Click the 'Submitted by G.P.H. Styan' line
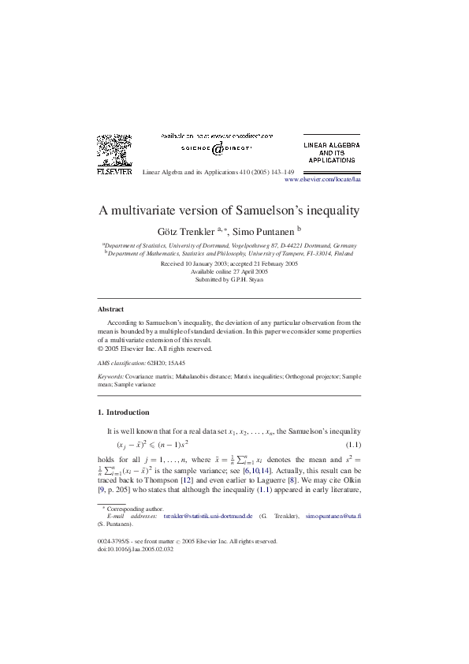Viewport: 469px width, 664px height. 229,279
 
